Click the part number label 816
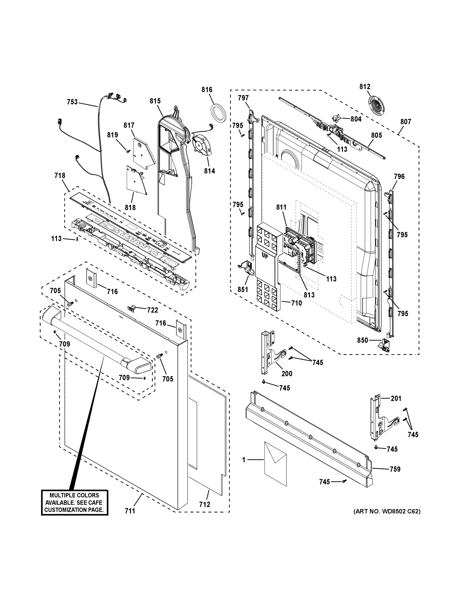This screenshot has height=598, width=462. pyautogui.click(x=207, y=89)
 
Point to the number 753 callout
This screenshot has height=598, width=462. pyautogui.click(x=72, y=102)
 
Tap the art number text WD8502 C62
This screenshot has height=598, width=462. pyautogui.click(x=387, y=511)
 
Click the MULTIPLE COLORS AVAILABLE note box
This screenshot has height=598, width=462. pyautogui.click(x=74, y=502)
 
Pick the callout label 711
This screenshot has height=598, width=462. pyautogui.click(x=130, y=511)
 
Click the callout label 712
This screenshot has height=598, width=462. pyautogui.click(x=204, y=504)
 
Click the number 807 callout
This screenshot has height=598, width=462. pyautogui.click(x=406, y=122)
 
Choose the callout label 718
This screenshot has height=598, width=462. pyautogui.click(x=60, y=175)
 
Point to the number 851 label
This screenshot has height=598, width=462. pyautogui.click(x=243, y=289)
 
